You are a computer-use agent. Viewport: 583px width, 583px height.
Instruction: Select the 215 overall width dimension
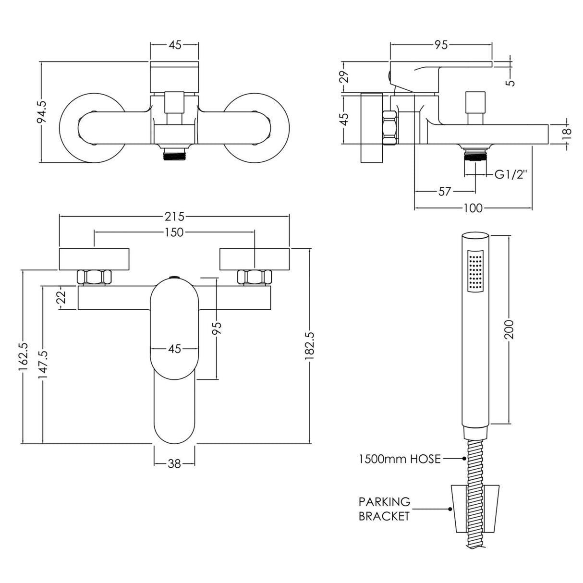coord(174,217)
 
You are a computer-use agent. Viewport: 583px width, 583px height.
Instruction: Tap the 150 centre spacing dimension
coord(174,232)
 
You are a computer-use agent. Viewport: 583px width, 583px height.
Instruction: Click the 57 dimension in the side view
coord(445,191)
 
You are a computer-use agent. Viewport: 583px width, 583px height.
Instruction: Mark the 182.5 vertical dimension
coord(310,345)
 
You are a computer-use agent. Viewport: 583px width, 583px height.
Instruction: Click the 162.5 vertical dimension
coord(23,356)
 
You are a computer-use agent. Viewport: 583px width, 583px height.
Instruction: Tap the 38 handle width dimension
coord(174,464)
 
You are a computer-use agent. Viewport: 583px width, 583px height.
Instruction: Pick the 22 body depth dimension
coord(61,298)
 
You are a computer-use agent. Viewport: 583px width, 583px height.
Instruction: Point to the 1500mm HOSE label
coord(400,459)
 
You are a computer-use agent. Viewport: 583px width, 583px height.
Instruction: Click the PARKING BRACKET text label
coord(384,509)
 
